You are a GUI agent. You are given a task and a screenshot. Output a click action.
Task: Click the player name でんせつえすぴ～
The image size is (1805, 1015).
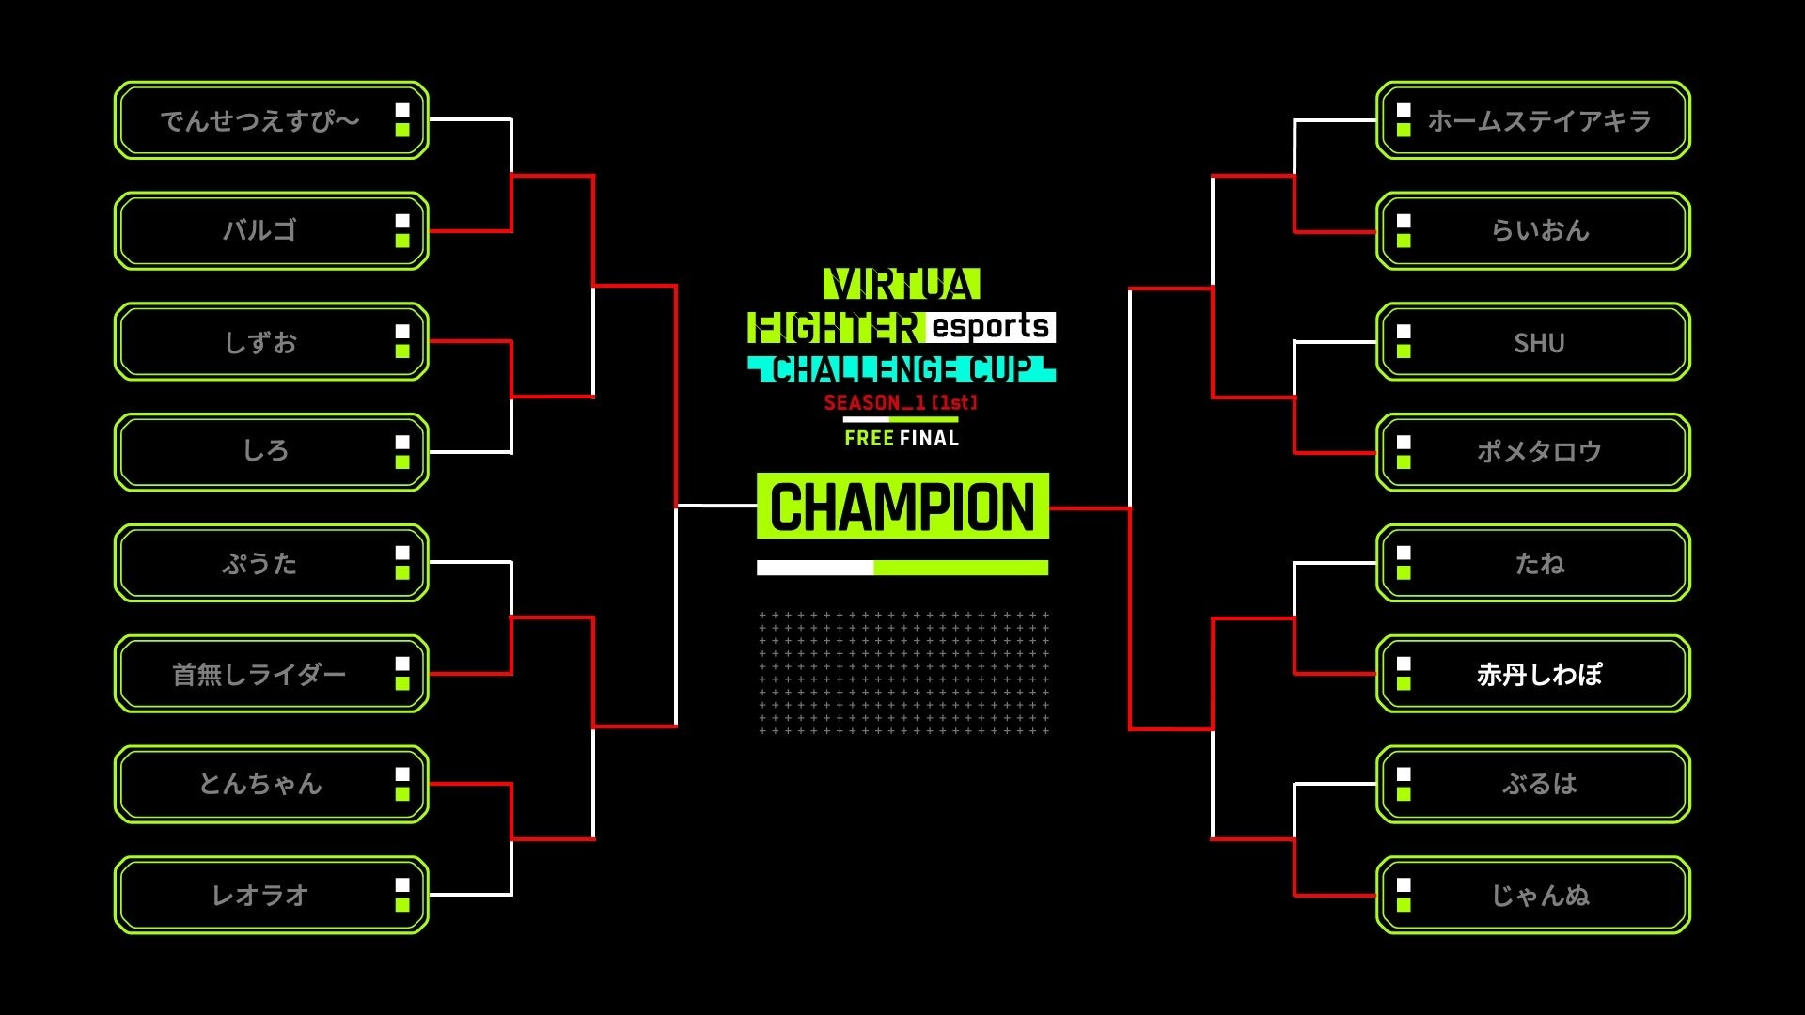tap(259, 121)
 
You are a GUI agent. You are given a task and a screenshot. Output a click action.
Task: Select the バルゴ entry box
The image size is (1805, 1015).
tap(259, 231)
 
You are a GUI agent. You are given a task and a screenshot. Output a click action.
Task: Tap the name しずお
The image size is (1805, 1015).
tap(259, 343)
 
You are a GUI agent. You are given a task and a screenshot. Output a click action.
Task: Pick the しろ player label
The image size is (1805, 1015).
tap(265, 452)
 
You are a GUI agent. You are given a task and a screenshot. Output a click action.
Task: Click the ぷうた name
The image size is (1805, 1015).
tap(259, 564)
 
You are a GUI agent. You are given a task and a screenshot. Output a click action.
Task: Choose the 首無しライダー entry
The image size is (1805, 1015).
tap(259, 675)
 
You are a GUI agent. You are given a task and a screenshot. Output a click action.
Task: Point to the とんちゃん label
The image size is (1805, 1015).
tap(259, 785)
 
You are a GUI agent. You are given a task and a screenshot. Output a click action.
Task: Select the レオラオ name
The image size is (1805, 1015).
tap(259, 896)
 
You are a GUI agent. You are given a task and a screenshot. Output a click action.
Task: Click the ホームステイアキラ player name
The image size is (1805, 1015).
tap(1539, 121)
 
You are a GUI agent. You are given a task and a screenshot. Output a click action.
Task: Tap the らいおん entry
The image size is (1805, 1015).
tap(1539, 231)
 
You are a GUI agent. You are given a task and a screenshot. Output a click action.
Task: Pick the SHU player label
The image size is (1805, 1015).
tap(1539, 343)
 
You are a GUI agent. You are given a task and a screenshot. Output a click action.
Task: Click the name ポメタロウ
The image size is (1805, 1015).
tap(1539, 452)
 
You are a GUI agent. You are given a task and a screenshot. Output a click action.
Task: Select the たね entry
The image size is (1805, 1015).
tap(1539, 564)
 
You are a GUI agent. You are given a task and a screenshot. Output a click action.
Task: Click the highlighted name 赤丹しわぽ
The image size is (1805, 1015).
tap(1539, 675)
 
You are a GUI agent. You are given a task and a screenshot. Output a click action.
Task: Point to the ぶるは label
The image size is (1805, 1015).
tap(1539, 785)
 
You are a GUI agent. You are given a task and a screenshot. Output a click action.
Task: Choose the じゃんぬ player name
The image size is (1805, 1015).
tap(1539, 896)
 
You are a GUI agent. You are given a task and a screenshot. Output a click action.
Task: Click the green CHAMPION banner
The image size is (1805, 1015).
tap(902, 507)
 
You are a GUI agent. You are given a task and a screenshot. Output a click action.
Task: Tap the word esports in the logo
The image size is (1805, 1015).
tap(990, 327)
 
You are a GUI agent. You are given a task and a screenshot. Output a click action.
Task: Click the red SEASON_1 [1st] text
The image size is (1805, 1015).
tap(901, 403)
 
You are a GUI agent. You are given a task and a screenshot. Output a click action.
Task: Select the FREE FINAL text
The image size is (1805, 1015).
tap(902, 439)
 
